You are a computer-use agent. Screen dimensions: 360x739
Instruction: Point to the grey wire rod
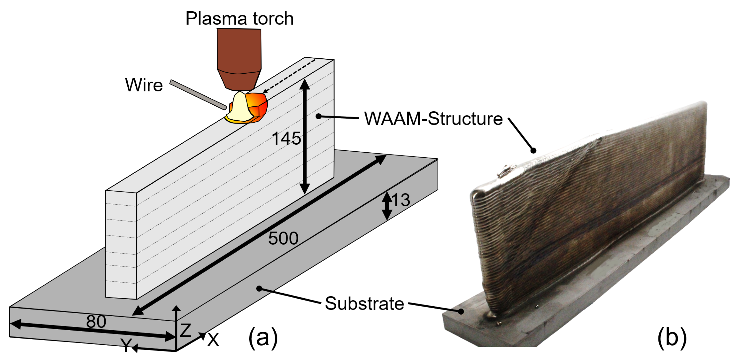(198, 95)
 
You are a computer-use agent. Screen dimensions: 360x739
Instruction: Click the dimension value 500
(283, 238)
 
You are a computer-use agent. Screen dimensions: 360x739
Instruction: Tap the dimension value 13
(401, 200)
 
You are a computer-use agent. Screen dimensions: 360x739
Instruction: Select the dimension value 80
(96, 322)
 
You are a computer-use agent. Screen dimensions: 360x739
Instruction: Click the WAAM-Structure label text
(433, 119)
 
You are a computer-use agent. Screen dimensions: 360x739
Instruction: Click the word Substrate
(364, 303)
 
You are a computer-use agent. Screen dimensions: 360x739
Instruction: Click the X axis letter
(213, 340)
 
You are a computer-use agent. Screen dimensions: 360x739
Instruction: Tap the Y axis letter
(126, 345)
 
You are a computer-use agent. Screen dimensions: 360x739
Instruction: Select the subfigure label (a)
(263, 337)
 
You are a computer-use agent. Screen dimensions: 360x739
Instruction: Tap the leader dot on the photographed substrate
(461, 311)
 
